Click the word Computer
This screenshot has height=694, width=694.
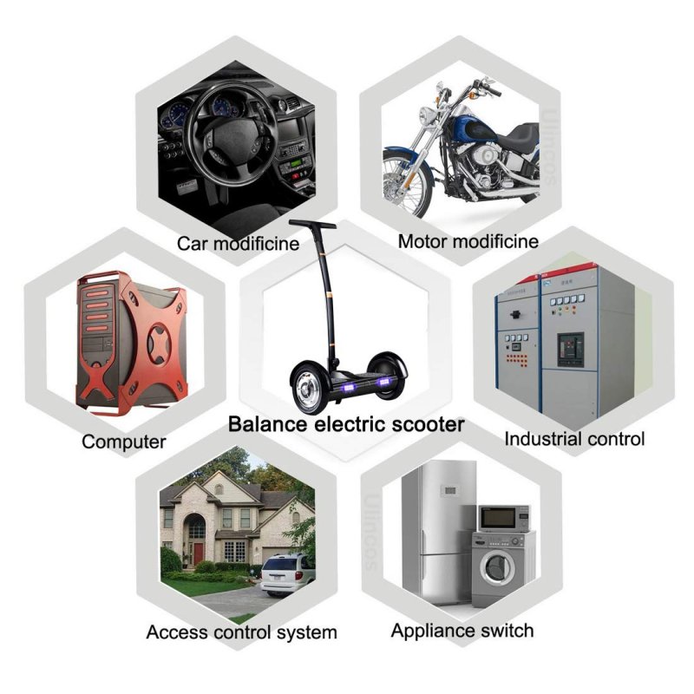(124, 442)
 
